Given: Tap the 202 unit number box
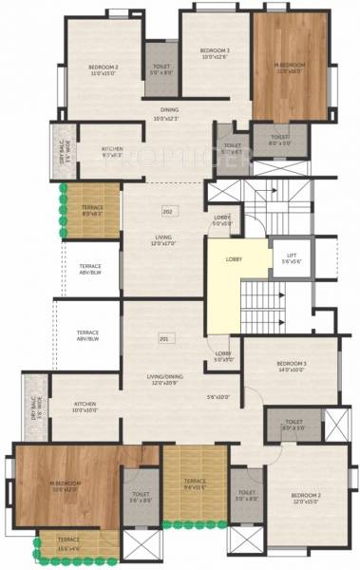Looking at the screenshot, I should [x=168, y=211].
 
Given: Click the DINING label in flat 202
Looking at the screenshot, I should [x=166, y=113].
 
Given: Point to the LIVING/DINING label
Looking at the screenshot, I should [x=161, y=353].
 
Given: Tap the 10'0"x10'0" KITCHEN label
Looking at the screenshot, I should [x=85, y=407].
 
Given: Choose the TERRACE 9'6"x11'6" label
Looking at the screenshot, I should [x=195, y=484].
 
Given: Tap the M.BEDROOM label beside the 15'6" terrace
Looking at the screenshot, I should [x=66, y=486].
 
